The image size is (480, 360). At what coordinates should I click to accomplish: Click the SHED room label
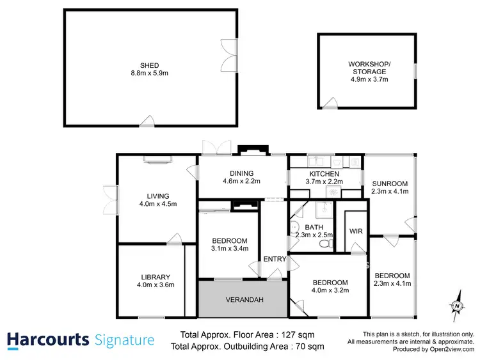click(150, 65)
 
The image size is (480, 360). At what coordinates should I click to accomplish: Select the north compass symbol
click(456, 305)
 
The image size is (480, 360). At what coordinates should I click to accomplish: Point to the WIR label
click(356, 231)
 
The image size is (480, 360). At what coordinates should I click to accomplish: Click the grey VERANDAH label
click(241, 300)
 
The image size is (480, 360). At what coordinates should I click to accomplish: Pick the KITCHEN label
click(324, 174)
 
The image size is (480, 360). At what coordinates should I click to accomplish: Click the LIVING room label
click(157, 196)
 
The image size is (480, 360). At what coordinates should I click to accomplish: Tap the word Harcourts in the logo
click(47, 340)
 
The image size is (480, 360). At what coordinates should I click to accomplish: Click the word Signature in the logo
click(124, 340)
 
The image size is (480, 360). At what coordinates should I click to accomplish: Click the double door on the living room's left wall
click(109, 198)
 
